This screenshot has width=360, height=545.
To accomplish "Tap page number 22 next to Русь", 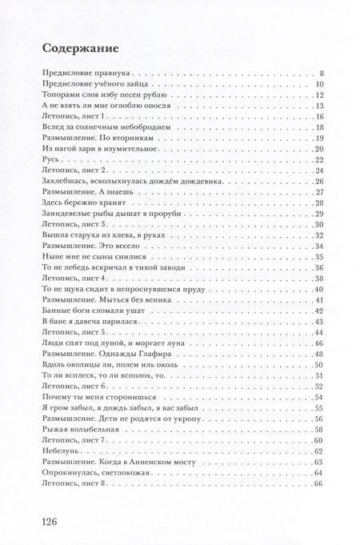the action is point(318,160).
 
